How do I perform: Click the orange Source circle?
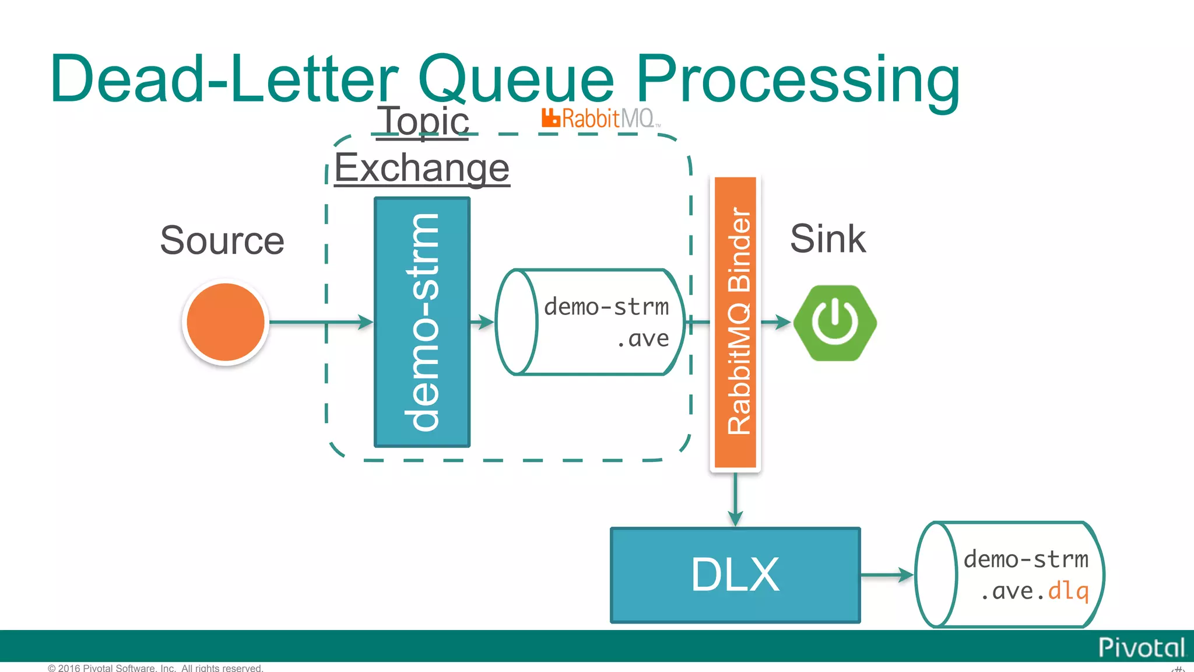click(226, 322)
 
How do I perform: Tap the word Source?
click(222, 240)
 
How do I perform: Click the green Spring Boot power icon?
click(835, 323)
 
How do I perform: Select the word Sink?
click(827, 239)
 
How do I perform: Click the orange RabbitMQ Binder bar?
click(735, 322)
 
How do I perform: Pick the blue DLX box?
click(735, 575)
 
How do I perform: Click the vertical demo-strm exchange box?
click(422, 322)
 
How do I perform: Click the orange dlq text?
click(1068, 591)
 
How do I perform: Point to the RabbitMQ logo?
click(600, 118)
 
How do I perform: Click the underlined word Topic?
click(423, 121)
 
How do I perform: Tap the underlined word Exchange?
click(422, 168)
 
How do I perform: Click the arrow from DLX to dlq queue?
click(886, 575)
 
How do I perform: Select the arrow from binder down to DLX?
click(735, 499)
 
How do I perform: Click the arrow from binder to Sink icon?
click(776, 322)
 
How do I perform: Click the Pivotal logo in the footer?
click(1141, 647)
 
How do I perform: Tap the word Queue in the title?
click(516, 79)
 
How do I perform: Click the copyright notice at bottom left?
click(156, 668)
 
